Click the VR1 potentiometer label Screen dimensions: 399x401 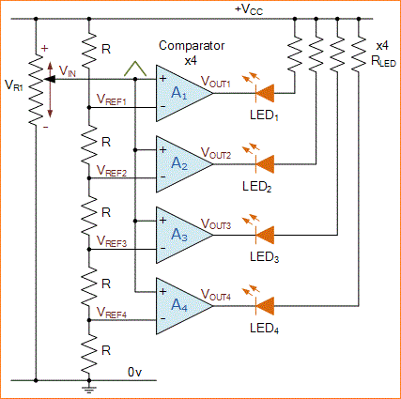point(15,85)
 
